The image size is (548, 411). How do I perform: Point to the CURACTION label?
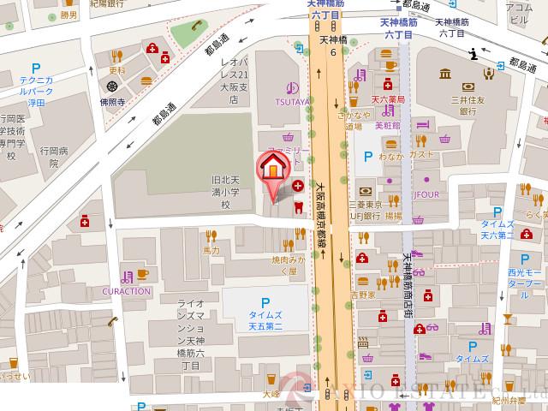[x=127, y=291]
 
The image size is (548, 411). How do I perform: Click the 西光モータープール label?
[x=523, y=276]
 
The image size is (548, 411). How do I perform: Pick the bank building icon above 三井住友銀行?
[x=450, y=74]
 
